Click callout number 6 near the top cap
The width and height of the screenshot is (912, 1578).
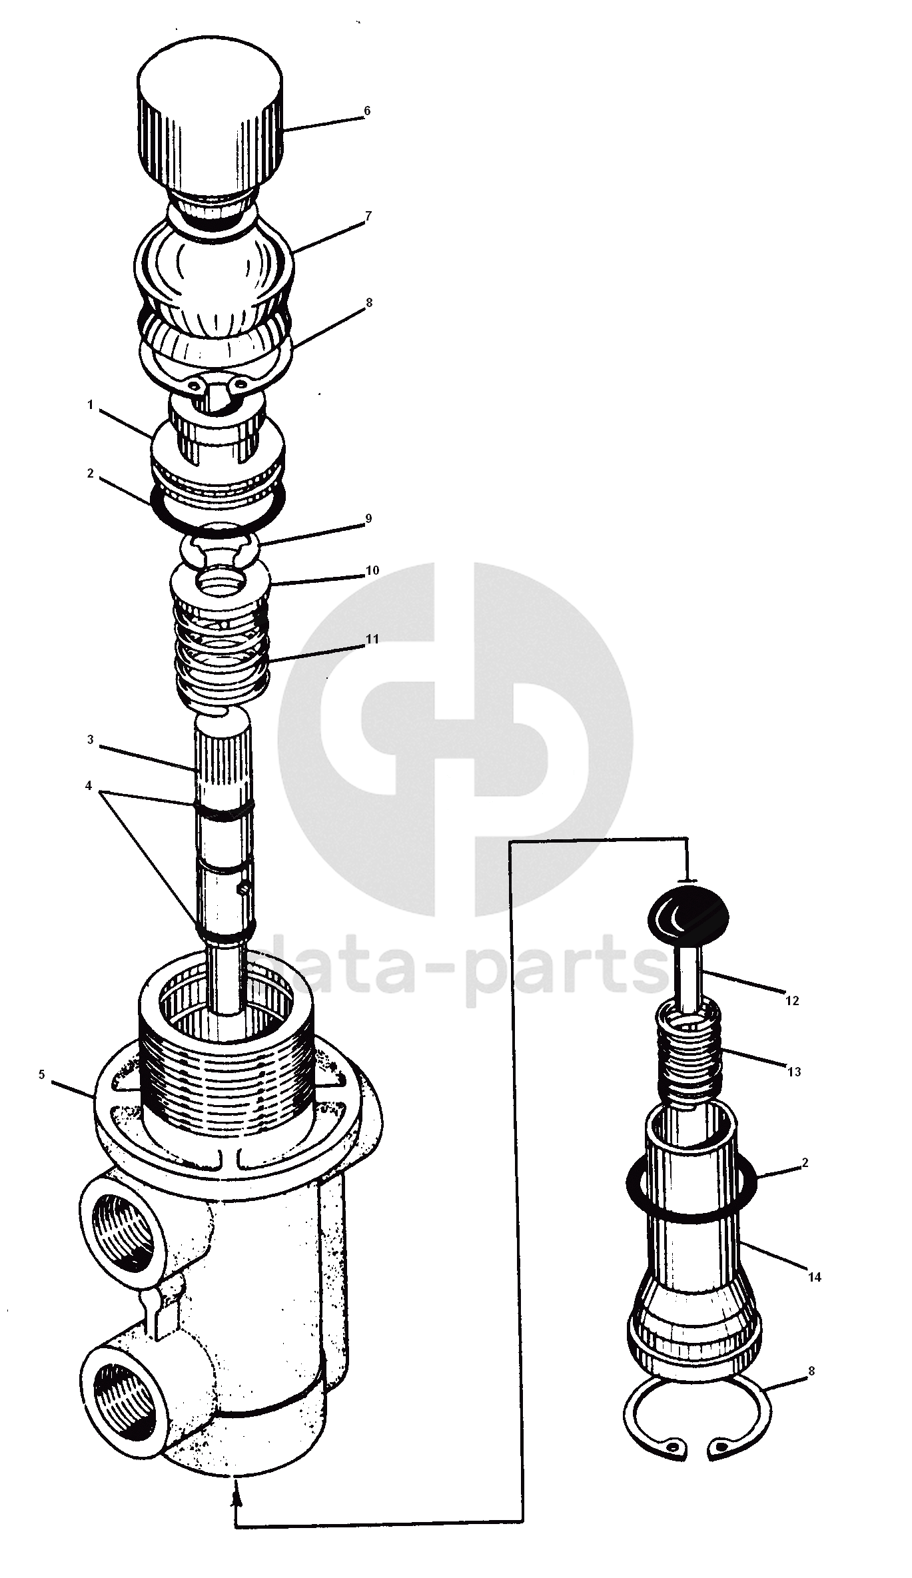pyautogui.click(x=366, y=111)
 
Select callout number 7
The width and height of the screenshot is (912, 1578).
pyautogui.click(x=368, y=216)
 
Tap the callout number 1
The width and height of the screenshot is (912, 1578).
pyautogui.click(x=90, y=404)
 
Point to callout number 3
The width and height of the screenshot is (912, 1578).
pyautogui.click(x=90, y=739)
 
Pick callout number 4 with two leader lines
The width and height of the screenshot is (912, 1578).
pyautogui.click(x=89, y=786)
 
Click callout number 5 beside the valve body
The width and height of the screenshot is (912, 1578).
pyautogui.click(x=42, y=1074)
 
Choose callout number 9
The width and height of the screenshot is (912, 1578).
pyautogui.click(x=368, y=519)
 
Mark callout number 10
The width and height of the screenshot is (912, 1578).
pyautogui.click(x=372, y=571)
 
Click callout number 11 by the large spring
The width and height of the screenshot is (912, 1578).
pyautogui.click(x=372, y=639)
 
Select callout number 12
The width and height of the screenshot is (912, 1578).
pyautogui.click(x=792, y=1000)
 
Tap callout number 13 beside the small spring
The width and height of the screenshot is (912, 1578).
pyautogui.click(x=793, y=1072)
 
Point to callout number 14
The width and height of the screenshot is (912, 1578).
pyautogui.click(x=814, y=1258)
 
